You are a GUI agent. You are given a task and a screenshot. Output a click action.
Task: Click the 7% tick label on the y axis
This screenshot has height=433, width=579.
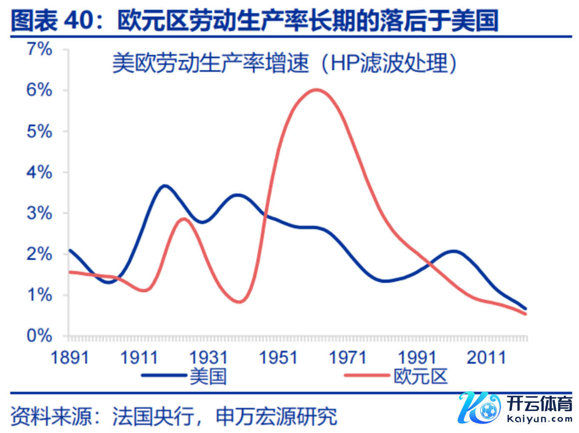tap(40, 49)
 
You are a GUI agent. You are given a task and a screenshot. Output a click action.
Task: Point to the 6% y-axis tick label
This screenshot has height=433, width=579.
tap(40, 90)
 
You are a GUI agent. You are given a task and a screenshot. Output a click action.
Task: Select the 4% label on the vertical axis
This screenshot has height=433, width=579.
tap(40, 173)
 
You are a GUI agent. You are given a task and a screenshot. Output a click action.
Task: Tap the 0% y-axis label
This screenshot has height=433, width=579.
tap(40, 336)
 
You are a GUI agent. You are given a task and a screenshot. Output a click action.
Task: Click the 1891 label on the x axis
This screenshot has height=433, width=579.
tap(69, 358)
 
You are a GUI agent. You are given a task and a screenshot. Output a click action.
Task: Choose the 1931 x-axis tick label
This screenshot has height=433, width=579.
tap(208, 358)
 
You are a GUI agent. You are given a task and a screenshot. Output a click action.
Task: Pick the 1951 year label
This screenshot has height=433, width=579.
tap(278, 358)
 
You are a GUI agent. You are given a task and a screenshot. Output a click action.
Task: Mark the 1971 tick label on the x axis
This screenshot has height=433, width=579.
tap(347, 358)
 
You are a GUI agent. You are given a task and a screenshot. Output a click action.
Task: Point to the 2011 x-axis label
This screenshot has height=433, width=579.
tap(486, 358)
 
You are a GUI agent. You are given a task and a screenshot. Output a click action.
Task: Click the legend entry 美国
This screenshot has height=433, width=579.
tap(208, 376)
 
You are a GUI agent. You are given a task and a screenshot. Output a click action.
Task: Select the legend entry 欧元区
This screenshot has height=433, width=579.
tap(421, 376)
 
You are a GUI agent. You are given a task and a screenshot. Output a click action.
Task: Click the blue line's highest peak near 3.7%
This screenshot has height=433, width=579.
tap(165, 185)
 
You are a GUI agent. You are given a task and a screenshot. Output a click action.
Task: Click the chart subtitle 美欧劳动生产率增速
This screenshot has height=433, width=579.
tap(210, 63)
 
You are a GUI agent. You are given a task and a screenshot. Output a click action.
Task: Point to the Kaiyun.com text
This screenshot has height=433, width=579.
tap(540, 419)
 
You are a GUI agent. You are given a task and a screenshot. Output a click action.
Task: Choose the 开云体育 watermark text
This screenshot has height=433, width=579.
tap(540, 404)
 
